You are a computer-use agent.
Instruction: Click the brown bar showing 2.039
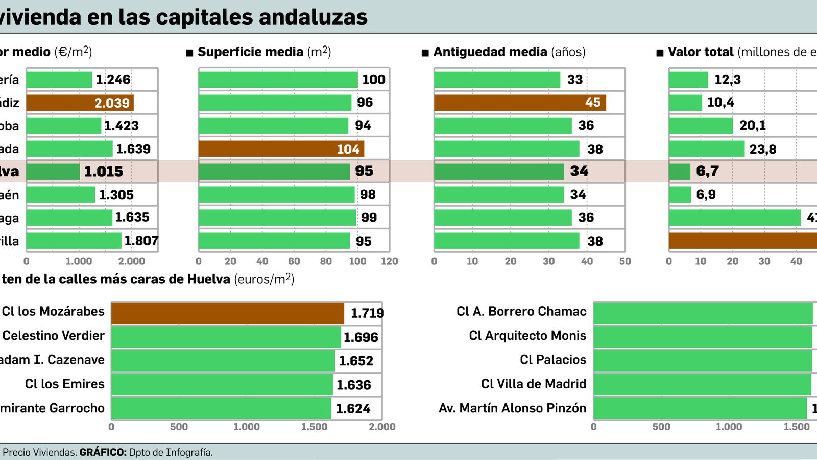(80, 103)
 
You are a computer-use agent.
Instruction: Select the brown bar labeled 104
(281, 149)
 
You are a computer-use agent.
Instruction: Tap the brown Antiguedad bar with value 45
(520, 103)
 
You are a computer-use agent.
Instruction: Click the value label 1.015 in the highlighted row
(104, 171)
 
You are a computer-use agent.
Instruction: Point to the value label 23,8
(763, 149)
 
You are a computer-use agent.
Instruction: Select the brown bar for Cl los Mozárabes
(227, 313)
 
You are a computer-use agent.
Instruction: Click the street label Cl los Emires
(64, 384)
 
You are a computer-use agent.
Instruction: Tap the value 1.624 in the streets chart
(353, 409)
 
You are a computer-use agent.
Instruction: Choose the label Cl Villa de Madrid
(533, 384)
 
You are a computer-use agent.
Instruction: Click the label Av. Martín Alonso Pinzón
(512, 408)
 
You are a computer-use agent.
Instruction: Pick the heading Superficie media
(250, 52)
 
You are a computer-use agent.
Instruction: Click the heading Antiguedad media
(490, 52)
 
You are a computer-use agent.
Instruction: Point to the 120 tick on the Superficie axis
(389, 261)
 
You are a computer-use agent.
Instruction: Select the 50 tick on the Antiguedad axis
(625, 261)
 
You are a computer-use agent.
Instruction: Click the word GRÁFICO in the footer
(103, 452)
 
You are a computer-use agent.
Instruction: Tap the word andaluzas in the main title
(313, 17)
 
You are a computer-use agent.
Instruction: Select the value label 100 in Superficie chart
(373, 80)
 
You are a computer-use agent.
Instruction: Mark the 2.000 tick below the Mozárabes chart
(382, 427)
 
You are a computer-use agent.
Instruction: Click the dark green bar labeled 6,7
(679, 172)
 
